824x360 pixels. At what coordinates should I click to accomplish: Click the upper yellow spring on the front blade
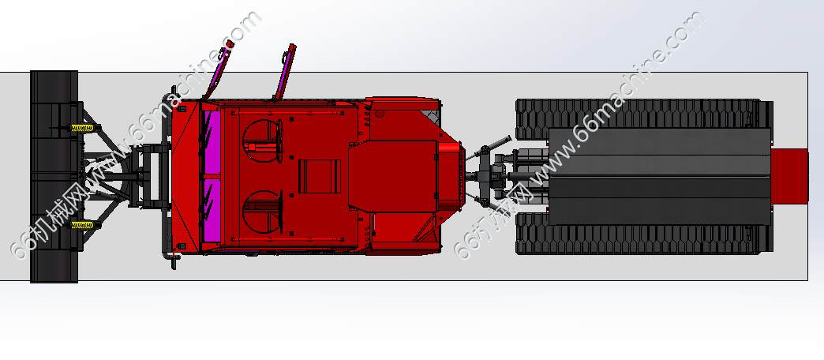pyautogui.click(x=83, y=128)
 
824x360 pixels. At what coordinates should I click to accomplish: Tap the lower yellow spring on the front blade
pyautogui.click(x=83, y=225)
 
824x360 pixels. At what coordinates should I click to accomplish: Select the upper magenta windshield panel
pyautogui.click(x=212, y=142)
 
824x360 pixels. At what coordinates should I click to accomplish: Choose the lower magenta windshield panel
pyautogui.click(x=212, y=210)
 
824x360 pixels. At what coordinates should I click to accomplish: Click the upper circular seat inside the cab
pyautogui.click(x=263, y=141)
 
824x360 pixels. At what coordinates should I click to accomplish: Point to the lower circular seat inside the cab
pyautogui.click(x=263, y=212)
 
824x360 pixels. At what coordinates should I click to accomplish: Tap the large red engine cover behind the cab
pyautogui.click(x=393, y=176)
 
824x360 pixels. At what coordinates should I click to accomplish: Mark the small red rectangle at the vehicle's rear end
pyautogui.click(x=789, y=175)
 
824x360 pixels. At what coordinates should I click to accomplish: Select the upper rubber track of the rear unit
pyautogui.click(x=644, y=114)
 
